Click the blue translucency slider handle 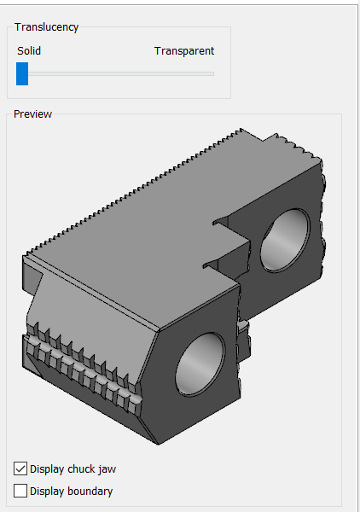pyautogui.click(x=22, y=73)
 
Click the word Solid pyautogui.click(x=29, y=51)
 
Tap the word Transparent pyautogui.click(x=184, y=51)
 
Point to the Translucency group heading pyautogui.click(x=46, y=27)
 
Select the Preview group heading pyautogui.click(x=32, y=114)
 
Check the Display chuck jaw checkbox pyautogui.click(x=20, y=468)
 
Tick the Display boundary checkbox pyautogui.click(x=20, y=491)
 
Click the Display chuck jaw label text pyautogui.click(x=73, y=469)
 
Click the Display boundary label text pyautogui.click(x=71, y=492)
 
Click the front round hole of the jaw pyautogui.click(x=200, y=364)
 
